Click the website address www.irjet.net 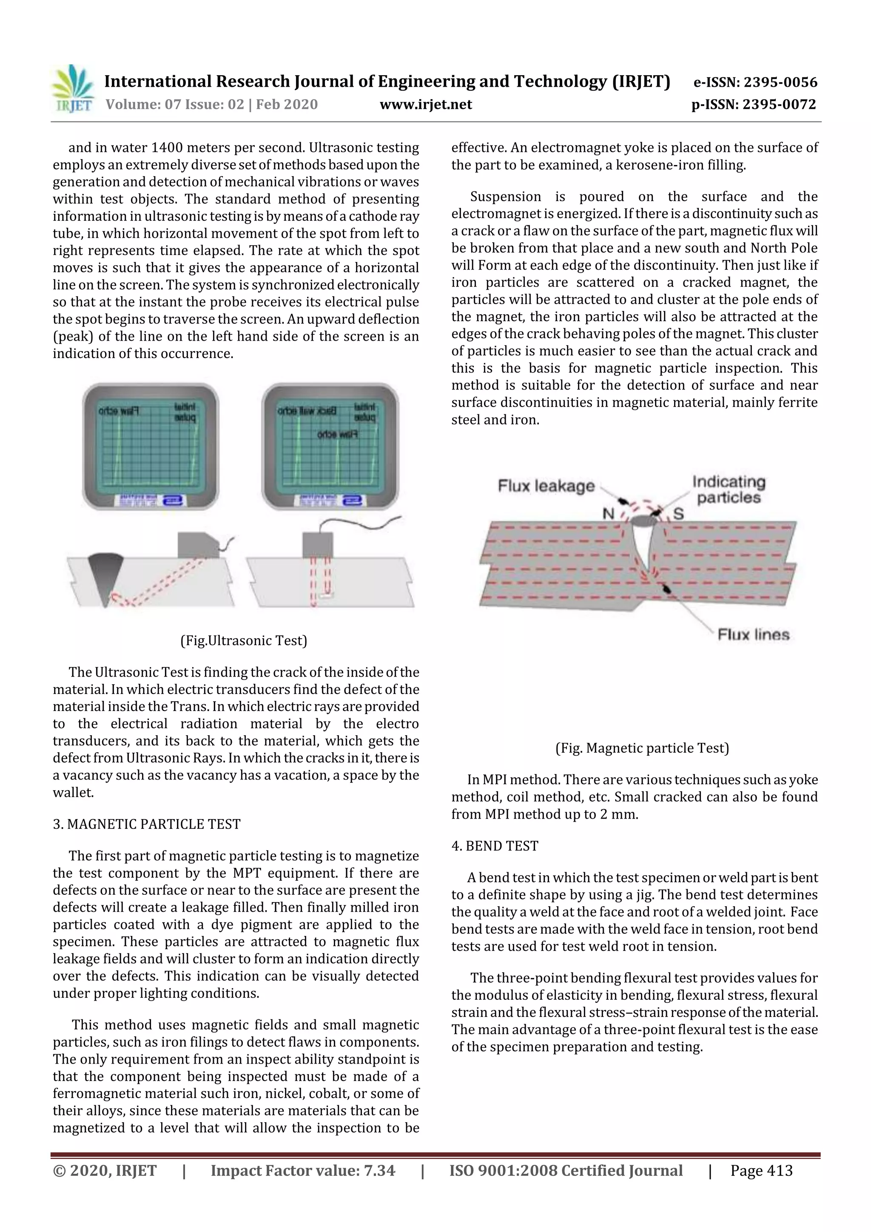point(426,104)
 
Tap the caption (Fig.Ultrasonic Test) point(244,640)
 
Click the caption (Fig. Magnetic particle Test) point(642,748)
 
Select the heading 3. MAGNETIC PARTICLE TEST point(146,824)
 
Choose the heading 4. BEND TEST point(494,846)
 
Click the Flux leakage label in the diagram point(546,486)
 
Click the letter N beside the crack point(608,514)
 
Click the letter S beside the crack point(678,514)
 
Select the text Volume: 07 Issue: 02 point(174,104)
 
